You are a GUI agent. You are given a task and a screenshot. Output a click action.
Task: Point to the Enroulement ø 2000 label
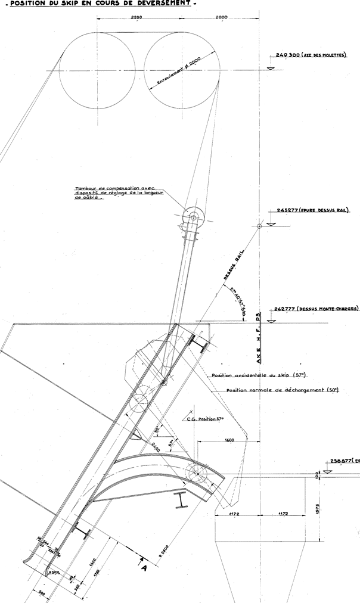(x=178, y=73)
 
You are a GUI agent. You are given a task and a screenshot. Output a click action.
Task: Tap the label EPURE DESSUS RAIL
(x=326, y=210)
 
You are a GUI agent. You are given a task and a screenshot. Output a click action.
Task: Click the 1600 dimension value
(x=229, y=439)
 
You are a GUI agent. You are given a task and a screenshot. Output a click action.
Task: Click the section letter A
(x=143, y=567)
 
